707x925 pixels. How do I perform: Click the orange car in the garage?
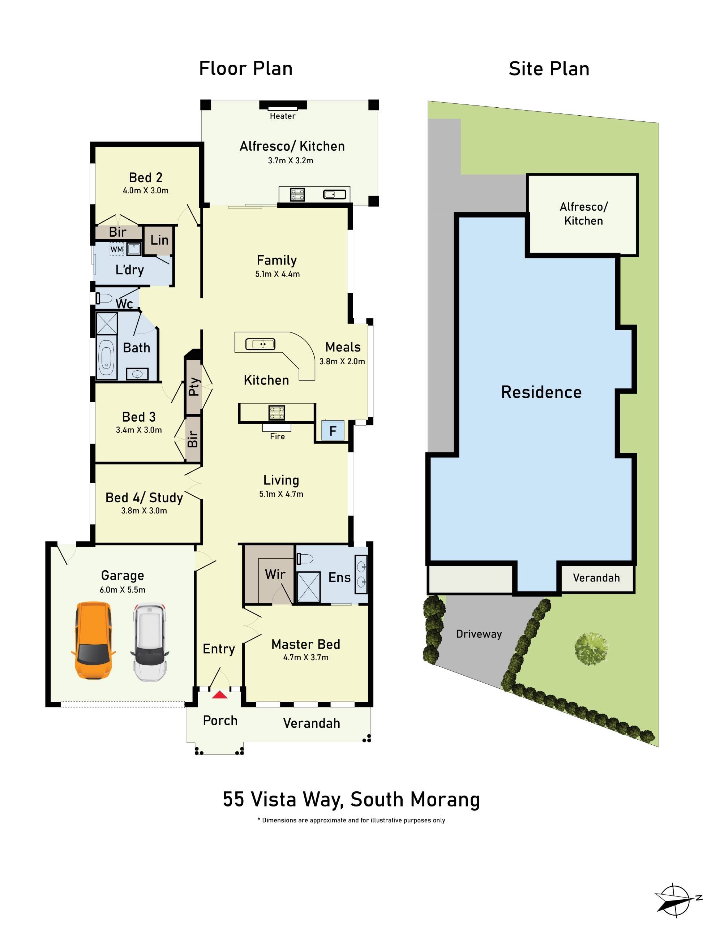(x=93, y=641)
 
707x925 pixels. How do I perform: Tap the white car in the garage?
(x=150, y=643)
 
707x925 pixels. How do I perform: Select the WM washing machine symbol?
(x=117, y=249)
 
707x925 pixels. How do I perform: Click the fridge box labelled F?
(x=333, y=431)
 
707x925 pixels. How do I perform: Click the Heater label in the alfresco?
(x=282, y=116)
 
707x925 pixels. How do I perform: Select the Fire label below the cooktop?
(x=277, y=436)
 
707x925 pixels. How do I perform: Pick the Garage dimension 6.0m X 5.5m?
(x=123, y=590)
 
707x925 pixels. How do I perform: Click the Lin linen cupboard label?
(x=159, y=240)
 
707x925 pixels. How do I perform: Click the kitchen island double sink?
(x=261, y=344)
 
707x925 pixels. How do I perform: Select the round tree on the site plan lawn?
(x=591, y=648)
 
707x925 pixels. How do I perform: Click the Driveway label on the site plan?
(x=479, y=634)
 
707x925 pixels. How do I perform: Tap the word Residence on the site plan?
(x=541, y=392)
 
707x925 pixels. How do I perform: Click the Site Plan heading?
(x=549, y=69)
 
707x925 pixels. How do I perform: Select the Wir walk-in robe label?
(x=275, y=574)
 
